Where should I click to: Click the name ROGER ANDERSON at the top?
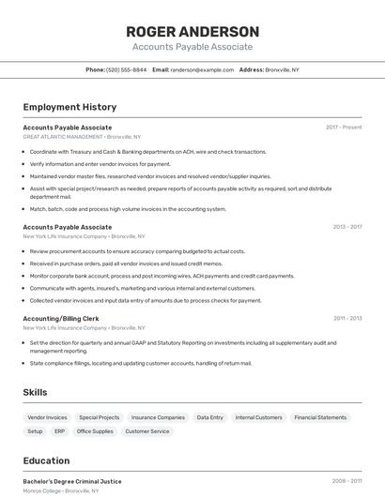pyautogui.click(x=192, y=32)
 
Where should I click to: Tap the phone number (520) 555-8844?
pyautogui.click(x=126, y=69)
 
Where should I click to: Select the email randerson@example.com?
pyautogui.click(x=202, y=69)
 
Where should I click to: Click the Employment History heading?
pyautogui.click(x=69, y=107)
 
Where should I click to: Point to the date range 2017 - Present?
pyautogui.click(x=344, y=127)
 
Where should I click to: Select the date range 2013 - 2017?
pyautogui.click(x=346, y=227)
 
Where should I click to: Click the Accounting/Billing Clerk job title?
pyautogui.click(x=61, y=318)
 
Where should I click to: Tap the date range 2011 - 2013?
pyautogui.click(x=346, y=318)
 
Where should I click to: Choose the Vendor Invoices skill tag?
pyautogui.click(x=47, y=417)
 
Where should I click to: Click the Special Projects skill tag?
pyautogui.click(x=99, y=417)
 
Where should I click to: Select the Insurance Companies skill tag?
pyautogui.click(x=158, y=417)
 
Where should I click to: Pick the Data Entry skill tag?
pyautogui.click(x=209, y=417)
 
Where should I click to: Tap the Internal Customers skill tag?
pyautogui.click(x=258, y=417)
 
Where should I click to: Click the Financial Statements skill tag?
pyautogui.click(x=320, y=417)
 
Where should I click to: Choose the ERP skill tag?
pyautogui.click(x=59, y=431)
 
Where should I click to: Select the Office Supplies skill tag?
pyautogui.click(x=95, y=431)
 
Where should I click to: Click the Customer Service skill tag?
pyautogui.click(x=147, y=431)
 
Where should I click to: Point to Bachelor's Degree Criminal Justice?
pyautogui.click(x=72, y=481)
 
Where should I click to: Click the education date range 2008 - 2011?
pyautogui.click(x=346, y=481)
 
